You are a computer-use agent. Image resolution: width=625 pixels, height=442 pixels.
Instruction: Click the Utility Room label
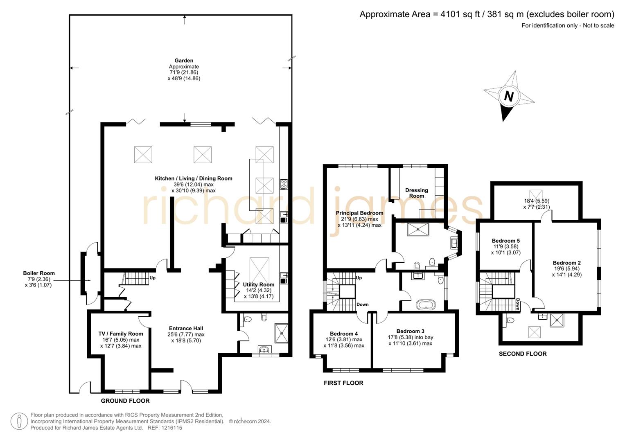pos(258,284)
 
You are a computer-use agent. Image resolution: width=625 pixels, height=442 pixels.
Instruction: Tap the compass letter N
pos(509,97)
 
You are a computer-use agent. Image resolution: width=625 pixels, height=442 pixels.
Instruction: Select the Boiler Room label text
pos(38,273)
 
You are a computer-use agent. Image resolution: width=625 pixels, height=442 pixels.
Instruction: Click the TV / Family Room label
pos(121,334)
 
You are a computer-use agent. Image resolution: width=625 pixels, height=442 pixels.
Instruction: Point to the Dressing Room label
pos(416,193)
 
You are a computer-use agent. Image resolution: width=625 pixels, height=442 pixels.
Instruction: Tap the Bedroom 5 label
pos(505,241)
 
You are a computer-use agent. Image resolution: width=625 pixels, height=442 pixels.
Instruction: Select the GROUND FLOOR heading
pos(125,401)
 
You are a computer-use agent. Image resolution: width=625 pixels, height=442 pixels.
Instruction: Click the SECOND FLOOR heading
pos(522,354)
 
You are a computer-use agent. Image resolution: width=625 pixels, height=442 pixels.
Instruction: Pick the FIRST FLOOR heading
pos(343,383)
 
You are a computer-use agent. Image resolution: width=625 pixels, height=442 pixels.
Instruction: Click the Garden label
pos(184,61)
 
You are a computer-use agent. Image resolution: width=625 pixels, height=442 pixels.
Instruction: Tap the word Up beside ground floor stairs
pos(153,278)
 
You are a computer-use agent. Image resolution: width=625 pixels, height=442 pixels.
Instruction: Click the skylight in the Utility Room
pos(259,268)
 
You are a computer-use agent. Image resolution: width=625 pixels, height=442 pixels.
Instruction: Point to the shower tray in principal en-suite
pos(417,229)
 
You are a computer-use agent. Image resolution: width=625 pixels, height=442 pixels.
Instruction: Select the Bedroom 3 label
pos(410,331)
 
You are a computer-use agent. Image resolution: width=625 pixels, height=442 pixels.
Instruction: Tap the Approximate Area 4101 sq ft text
pos(487,14)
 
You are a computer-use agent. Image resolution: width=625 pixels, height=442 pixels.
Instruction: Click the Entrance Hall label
pos(186,328)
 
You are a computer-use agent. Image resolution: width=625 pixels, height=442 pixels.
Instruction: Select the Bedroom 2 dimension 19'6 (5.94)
pos(566,269)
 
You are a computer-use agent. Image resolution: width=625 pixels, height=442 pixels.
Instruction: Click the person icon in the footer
pos(19,421)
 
